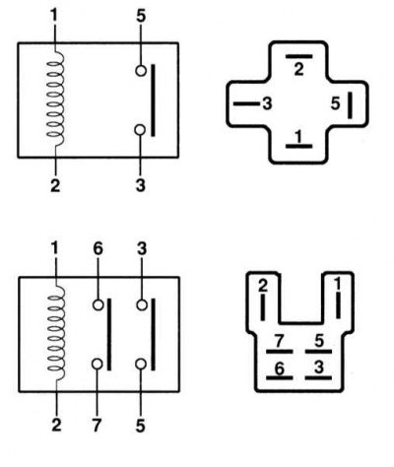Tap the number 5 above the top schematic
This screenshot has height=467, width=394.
click(x=141, y=16)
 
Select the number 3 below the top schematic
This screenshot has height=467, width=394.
click(x=141, y=185)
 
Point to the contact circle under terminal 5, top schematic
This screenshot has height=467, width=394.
click(x=141, y=71)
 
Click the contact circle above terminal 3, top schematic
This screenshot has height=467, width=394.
click(x=140, y=130)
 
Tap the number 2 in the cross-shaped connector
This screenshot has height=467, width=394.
click(x=298, y=69)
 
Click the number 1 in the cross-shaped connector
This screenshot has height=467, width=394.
click(x=298, y=136)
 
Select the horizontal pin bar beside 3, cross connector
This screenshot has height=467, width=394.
click(x=246, y=103)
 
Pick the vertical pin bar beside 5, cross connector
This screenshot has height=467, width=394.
click(x=350, y=105)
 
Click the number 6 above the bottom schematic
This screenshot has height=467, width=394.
click(x=98, y=249)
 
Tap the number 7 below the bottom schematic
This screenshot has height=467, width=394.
click(x=97, y=426)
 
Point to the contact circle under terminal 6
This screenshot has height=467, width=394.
click(x=98, y=305)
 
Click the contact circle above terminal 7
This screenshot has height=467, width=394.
click(x=98, y=364)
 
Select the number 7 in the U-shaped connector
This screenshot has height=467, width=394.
click(x=279, y=342)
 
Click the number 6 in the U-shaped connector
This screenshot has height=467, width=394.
click(x=279, y=368)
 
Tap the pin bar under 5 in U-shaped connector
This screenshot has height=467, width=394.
click(x=318, y=352)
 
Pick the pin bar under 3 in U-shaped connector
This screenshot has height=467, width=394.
click(x=318, y=378)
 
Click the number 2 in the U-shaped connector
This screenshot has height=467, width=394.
click(x=263, y=286)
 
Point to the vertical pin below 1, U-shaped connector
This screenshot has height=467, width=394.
click(x=338, y=305)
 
